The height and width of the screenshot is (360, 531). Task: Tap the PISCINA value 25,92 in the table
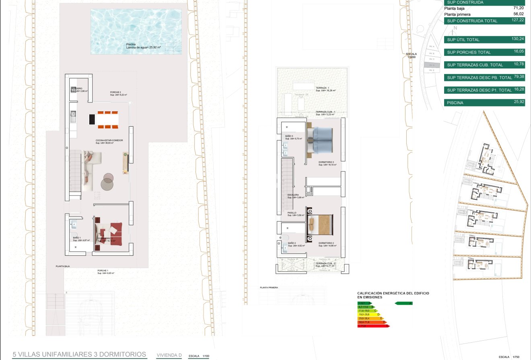click(x=518, y=102)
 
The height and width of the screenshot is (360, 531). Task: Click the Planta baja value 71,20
click(x=518, y=8)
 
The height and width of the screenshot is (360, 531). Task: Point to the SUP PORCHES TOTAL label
click(x=469, y=52)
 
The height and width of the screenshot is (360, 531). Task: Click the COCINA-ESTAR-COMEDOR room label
click(x=109, y=140)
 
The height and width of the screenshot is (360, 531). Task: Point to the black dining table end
click(x=92, y=119)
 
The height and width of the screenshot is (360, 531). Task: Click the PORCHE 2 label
click(x=115, y=92)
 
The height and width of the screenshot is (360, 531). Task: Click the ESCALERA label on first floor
click(x=293, y=195)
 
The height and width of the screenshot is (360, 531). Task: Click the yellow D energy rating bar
click(x=368, y=314)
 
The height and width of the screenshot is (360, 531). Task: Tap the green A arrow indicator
click(x=404, y=303)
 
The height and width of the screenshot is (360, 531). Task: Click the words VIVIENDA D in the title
click(x=169, y=355)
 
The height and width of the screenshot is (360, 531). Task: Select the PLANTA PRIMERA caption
click(x=269, y=288)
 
